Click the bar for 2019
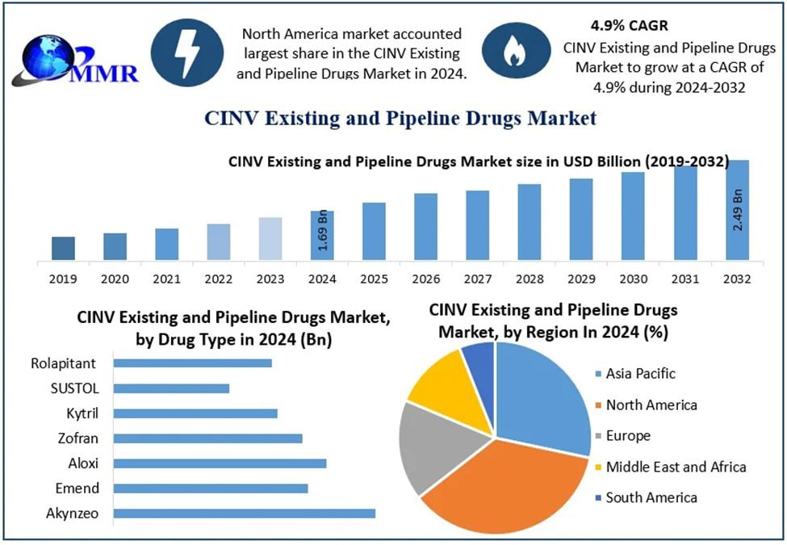click(63, 249)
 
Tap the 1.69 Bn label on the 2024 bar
click(323, 231)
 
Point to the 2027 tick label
click(477, 279)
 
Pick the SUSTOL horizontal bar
click(171, 388)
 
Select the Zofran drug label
click(79, 438)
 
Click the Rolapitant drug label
click(65, 363)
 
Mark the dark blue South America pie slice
click(479, 360)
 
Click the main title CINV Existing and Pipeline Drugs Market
click(400, 119)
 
